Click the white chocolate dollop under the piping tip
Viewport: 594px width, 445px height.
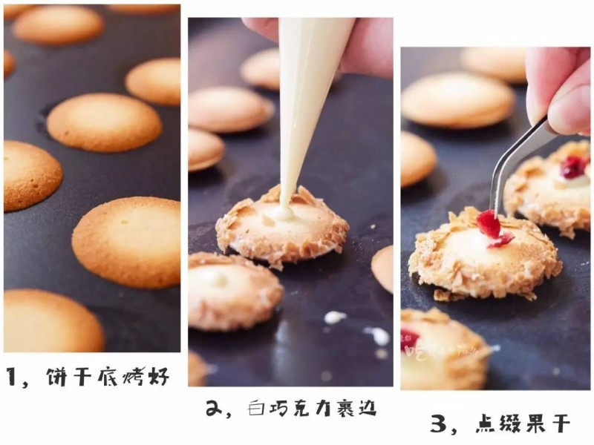pyautogui.click(x=281, y=213)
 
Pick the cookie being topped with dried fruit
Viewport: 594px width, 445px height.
pyautogui.click(x=483, y=256)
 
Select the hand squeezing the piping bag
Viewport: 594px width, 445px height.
pyautogui.click(x=356, y=44)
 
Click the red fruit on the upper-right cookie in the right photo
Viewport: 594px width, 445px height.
pyautogui.click(x=572, y=166)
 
